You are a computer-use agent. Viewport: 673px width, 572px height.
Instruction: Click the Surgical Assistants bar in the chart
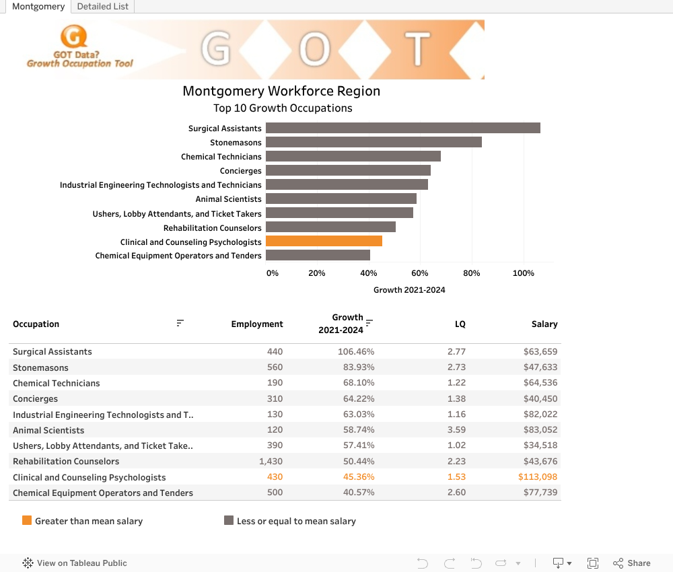(402, 128)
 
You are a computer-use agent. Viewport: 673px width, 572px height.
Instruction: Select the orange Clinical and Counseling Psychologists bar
(324, 241)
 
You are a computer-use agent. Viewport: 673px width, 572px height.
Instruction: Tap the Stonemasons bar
(374, 142)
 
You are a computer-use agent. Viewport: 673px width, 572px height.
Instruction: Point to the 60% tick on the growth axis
(420, 273)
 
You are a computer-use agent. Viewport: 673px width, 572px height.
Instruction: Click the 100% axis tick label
(523, 273)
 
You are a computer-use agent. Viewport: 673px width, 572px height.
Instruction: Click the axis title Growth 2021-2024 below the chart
(409, 290)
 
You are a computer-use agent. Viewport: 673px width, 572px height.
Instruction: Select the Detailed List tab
(103, 6)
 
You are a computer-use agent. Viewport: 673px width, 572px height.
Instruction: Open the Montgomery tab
(38, 6)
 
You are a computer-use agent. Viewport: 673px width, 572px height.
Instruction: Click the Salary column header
(544, 324)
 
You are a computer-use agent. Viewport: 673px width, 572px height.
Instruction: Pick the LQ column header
(460, 324)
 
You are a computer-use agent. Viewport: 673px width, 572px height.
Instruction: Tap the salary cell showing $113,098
(538, 477)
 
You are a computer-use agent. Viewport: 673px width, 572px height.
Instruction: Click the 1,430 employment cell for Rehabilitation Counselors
(271, 461)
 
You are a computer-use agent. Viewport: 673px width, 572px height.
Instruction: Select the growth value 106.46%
(356, 351)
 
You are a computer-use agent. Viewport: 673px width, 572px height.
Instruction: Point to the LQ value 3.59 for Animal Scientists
(456, 430)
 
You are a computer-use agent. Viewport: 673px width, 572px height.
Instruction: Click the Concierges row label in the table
(35, 398)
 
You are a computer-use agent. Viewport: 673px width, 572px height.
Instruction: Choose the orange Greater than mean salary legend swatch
(27, 520)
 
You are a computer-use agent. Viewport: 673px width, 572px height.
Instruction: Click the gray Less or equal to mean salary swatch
(229, 520)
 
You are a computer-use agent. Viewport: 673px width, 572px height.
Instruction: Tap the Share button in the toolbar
(631, 563)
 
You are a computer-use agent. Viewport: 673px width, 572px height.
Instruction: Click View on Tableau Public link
(75, 563)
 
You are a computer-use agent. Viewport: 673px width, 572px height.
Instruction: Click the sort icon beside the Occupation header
(180, 323)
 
